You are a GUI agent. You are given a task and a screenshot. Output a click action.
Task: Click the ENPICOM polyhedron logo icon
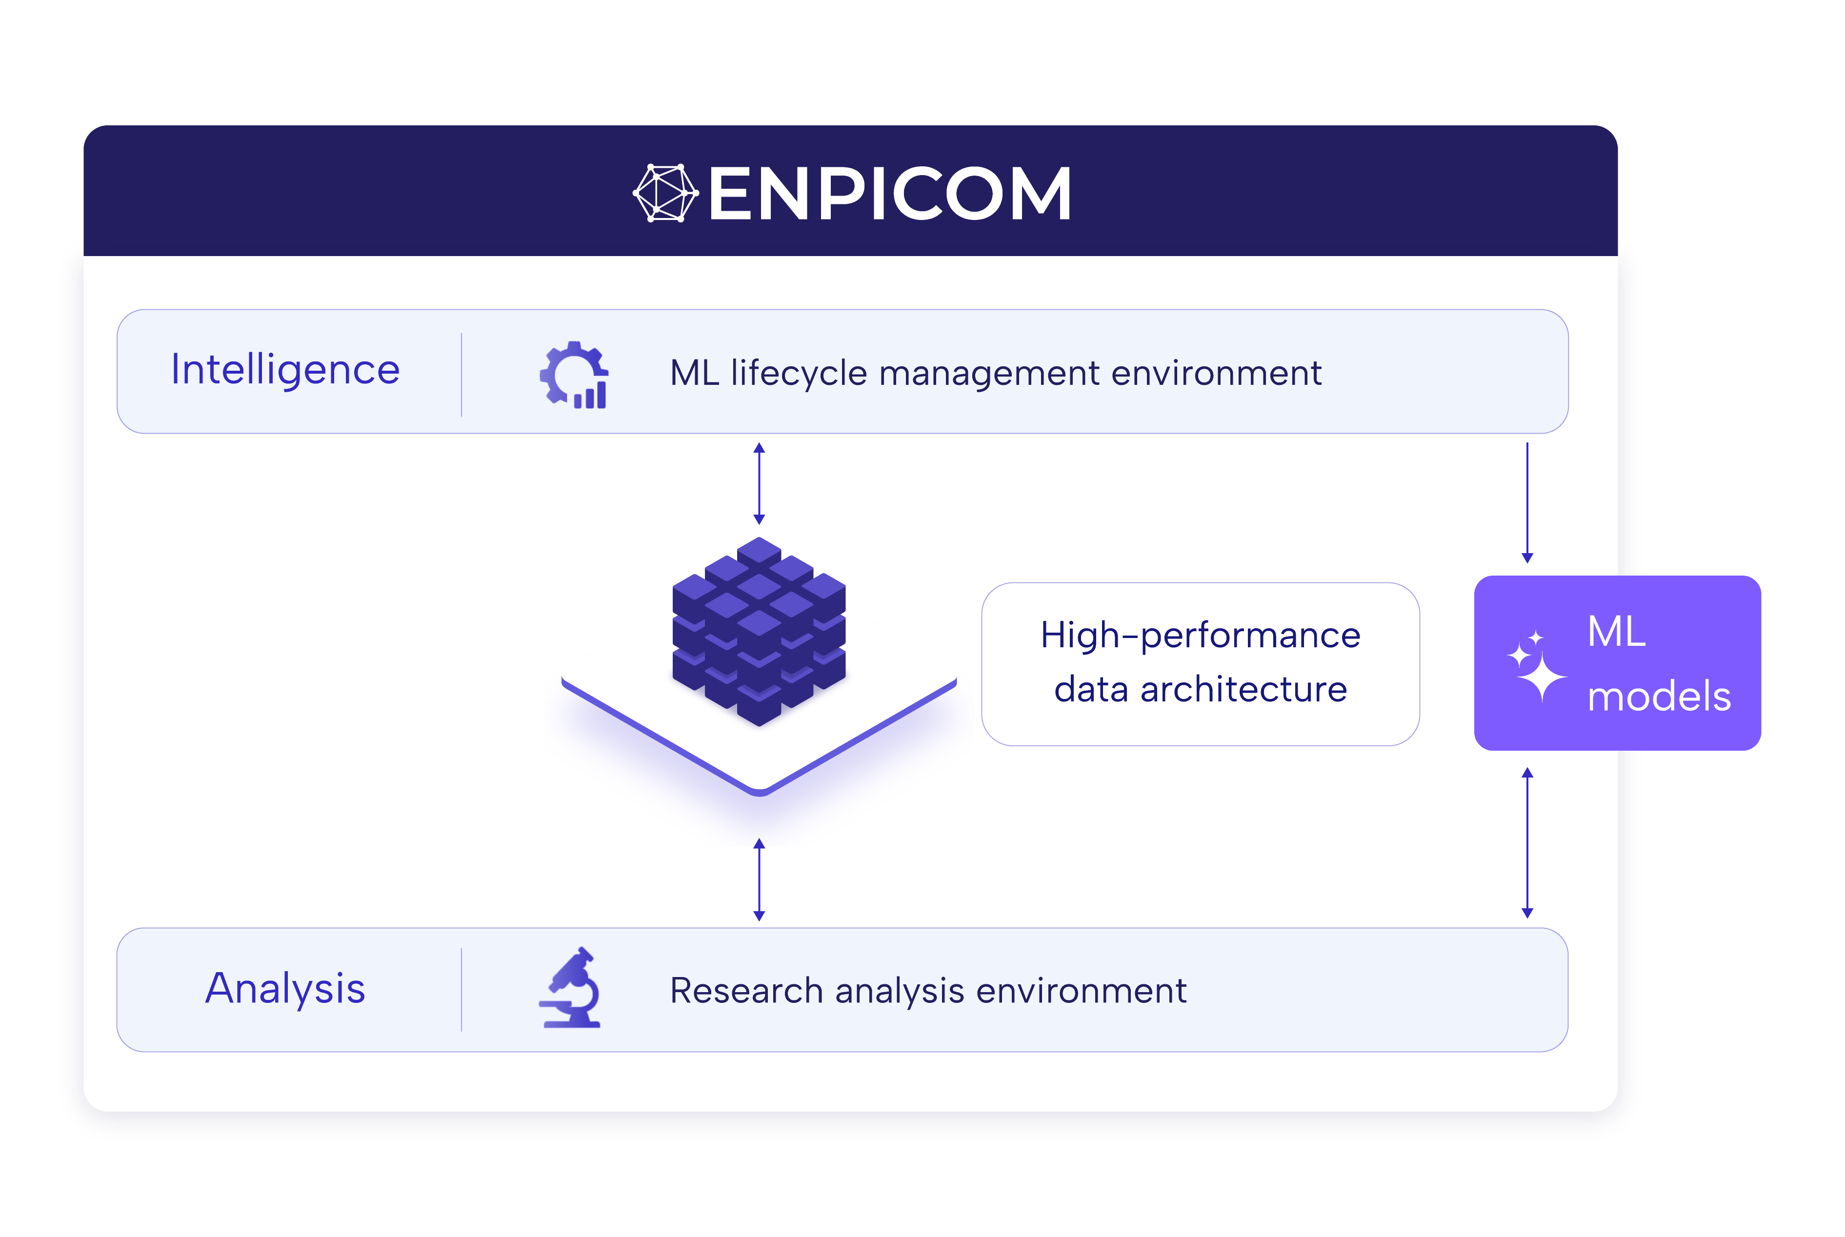point(665,193)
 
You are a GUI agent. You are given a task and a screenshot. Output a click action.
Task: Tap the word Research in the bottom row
point(746,990)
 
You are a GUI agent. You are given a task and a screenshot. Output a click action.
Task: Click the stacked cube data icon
point(759,631)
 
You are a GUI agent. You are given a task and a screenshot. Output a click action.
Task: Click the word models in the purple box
point(1659,697)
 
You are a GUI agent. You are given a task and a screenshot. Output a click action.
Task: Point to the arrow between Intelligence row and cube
point(759,483)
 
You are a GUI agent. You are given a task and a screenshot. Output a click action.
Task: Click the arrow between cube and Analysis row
point(759,879)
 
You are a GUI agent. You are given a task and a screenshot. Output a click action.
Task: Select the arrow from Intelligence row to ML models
point(1527,502)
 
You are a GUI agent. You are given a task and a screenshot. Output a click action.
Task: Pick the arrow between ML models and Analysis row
point(1527,842)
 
